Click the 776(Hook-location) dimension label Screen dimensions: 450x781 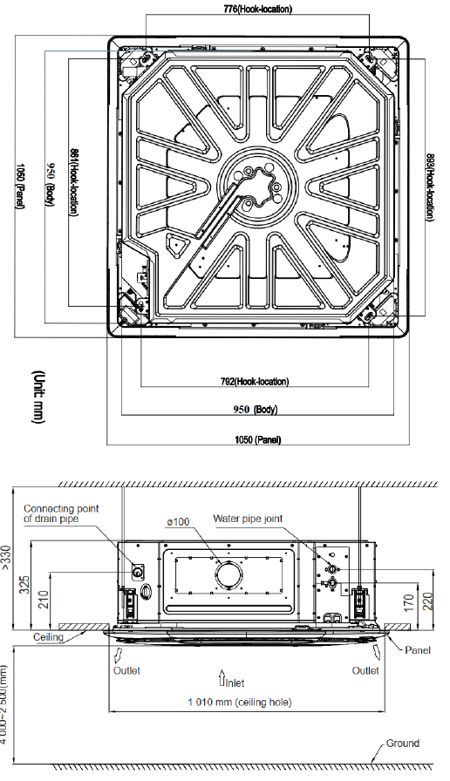pyautogui.click(x=257, y=9)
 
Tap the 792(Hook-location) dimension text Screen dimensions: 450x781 pyautogui.click(x=255, y=382)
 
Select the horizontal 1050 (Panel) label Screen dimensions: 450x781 pyautogui.click(x=257, y=439)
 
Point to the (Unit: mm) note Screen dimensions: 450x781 pyautogui.click(x=37, y=397)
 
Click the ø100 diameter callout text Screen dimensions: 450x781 pyautogui.click(x=179, y=521)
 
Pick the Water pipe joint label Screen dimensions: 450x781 pyautogui.click(x=248, y=519)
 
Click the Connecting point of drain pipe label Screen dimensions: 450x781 pyautogui.click(x=61, y=513)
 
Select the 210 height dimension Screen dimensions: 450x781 pyautogui.click(x=44, y=599)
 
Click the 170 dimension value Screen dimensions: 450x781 pyautogui.click(x=409, y=602)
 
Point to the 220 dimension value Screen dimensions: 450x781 pyautogui.click(x=427, y=601)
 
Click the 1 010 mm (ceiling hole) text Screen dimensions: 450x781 pyautogui.click(x=240, y=702)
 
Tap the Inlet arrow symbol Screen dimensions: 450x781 pyautogui.click(x=222, y=677)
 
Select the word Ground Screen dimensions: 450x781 pyautogui.click(x=403, y=744)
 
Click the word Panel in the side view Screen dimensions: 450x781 pyautogui.click(x=418, y=650)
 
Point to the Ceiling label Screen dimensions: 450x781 pyautogui.click(x=48, y=637)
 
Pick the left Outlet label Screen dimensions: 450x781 pyautogui.click(x=126, y=670)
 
